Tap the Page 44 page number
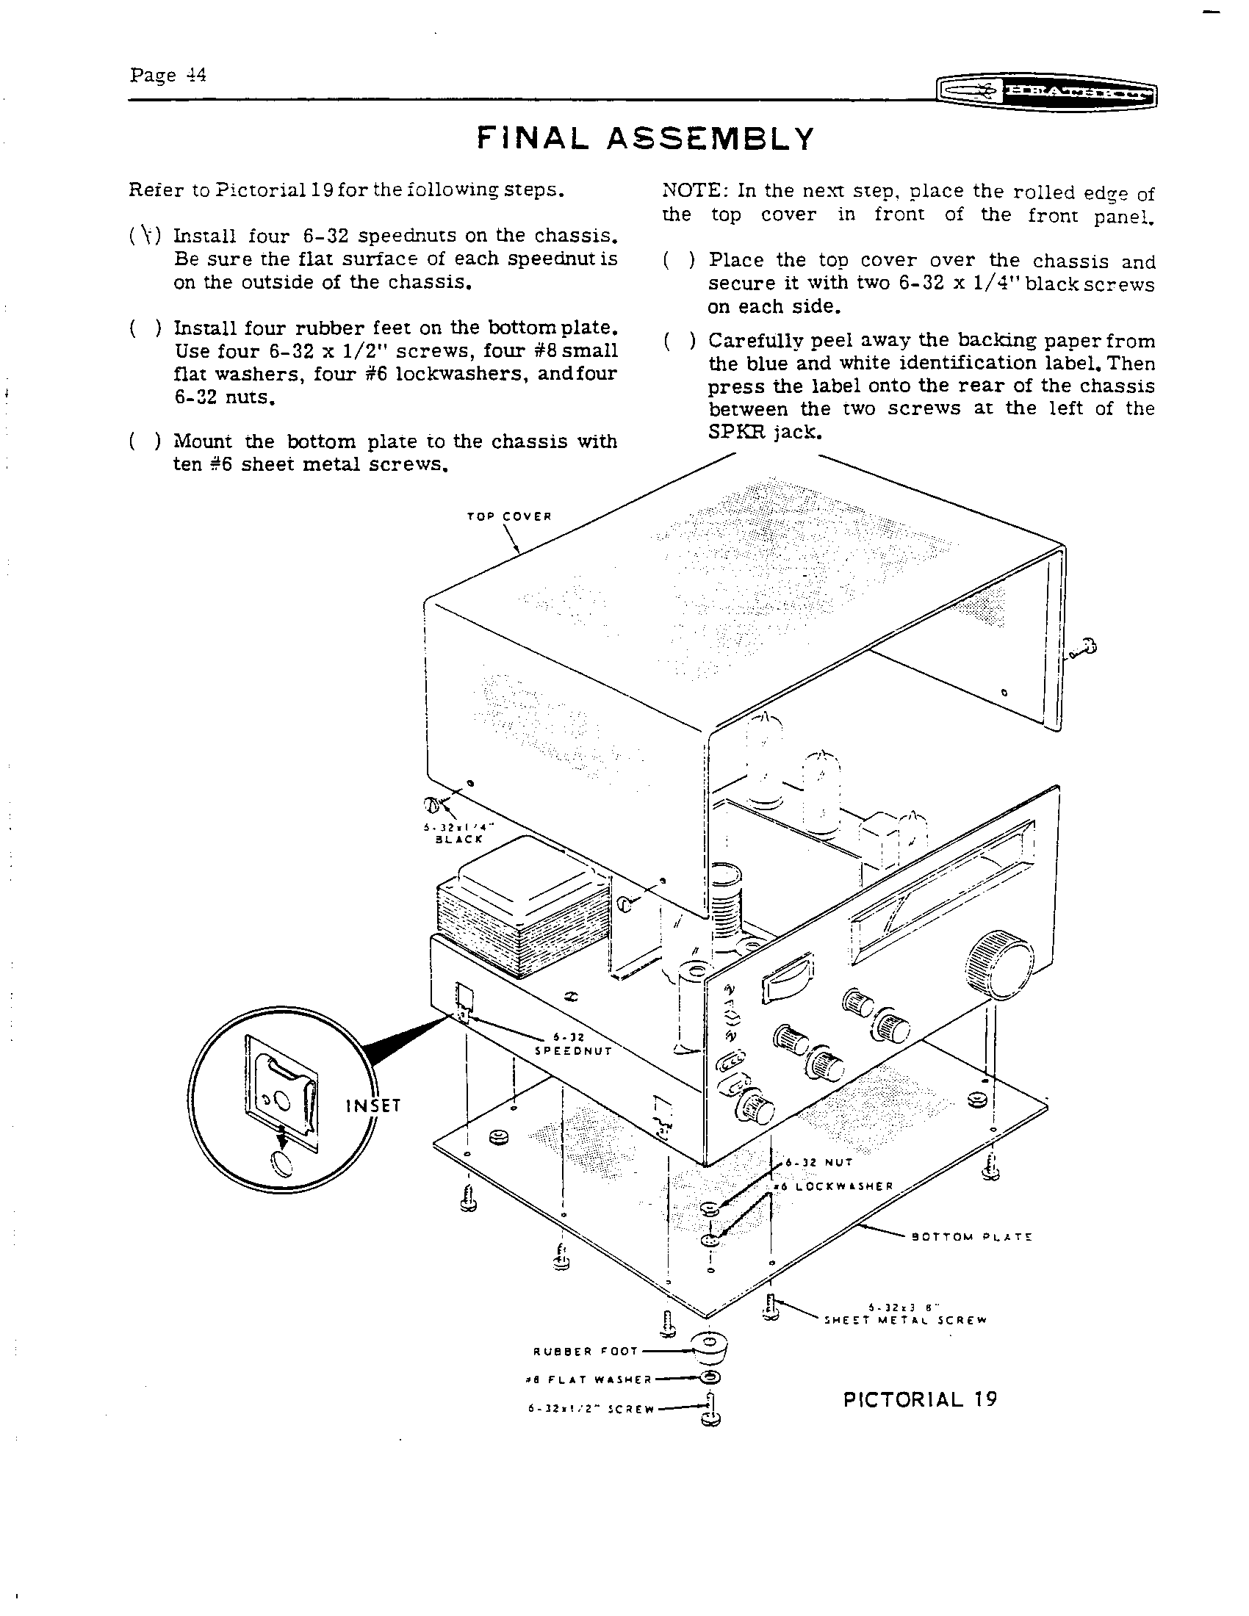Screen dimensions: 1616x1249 click(x=168, y=76)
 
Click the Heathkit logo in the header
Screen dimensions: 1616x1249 click(x=1045, y=92)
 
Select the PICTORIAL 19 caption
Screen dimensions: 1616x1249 click(x=920, y=1399)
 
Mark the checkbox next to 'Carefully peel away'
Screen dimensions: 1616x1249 click(x=679, y=341)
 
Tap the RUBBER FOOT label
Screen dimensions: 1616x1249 click(x=586, y=1351)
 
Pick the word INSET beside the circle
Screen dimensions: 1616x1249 click(x=373, y=1105)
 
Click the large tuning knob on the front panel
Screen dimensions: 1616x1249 click(x=999, y=967)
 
